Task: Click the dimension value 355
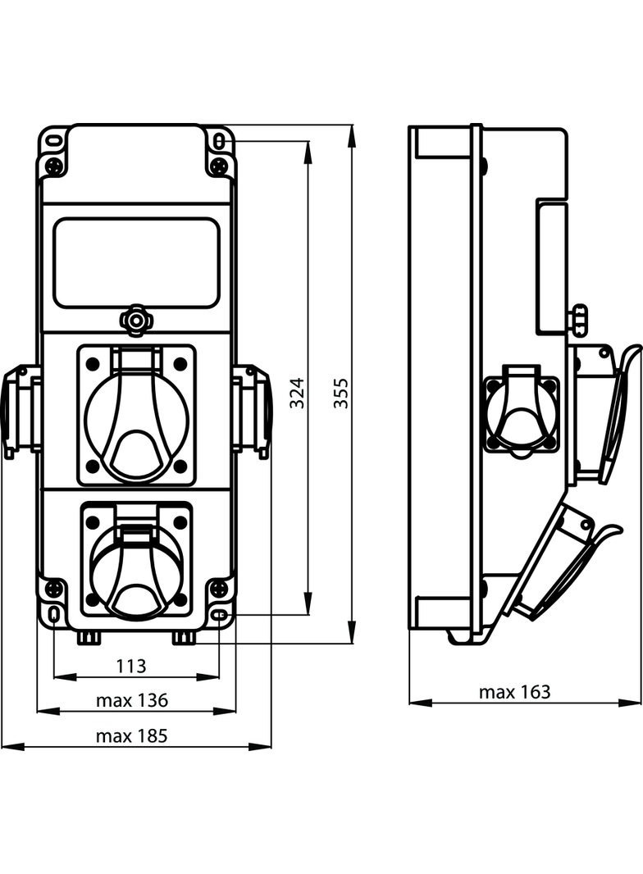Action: click(x=341, y=393)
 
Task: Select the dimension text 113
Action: click(x=131, y=666)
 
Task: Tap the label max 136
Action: click(x=131, y=700)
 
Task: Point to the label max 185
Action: click(x=131, y=736)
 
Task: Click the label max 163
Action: click(x=515, y=692)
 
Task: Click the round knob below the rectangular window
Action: click(x=135, y=320)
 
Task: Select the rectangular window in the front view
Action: click(x=137, y=262)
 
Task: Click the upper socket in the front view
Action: click(x=137, y=415)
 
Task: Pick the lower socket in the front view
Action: click(x=137, y=559)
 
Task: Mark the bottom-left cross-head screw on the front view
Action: click(x=54, y=588)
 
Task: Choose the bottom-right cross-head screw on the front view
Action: click(x=219, y=588)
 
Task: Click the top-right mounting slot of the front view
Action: click(x=220, y=140)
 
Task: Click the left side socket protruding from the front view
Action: click(x=21, y=410)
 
